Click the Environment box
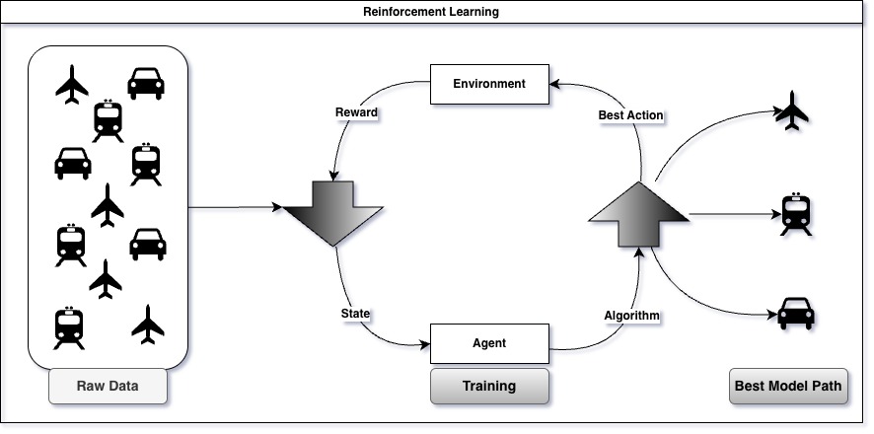click(x=489, y=83)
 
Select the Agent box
click(x=489, y=343)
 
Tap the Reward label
click(x=356, y=111)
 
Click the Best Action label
click(x=630, y=115)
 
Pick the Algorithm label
click(x=631, y=316)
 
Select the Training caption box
click(x=489, y=386)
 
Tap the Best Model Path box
click(x=788, y=386)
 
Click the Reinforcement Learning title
click(x=437, y=13)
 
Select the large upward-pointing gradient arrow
click(x=637, y=214)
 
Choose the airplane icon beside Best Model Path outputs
click(x=793, y=110)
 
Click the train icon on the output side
click(x=795, y=214)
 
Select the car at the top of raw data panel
click(x=146, y=83)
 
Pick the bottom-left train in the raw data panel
click(x=70, y=328)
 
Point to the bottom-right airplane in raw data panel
click(x=148, y=325)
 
